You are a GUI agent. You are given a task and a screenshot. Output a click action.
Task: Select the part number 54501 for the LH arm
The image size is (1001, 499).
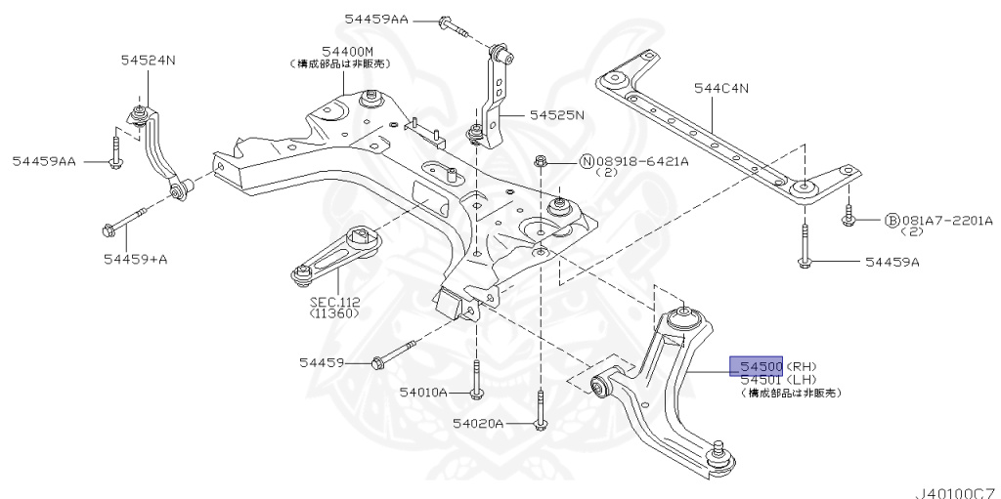click(761, 379)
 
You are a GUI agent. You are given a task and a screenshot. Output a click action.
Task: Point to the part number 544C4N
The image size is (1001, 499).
click(721, 89)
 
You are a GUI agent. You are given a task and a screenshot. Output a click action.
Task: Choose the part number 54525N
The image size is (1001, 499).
click(556, 114)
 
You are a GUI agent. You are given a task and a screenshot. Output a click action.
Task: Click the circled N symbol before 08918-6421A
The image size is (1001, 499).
click(588, 161)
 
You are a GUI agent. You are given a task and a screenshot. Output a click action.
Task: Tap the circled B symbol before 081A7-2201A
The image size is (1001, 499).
click(892, 221)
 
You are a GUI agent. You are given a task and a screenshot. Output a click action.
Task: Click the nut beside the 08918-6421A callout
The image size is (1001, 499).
click(541, 160)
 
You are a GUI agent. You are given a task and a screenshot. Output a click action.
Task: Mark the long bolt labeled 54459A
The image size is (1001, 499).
click(804, 244)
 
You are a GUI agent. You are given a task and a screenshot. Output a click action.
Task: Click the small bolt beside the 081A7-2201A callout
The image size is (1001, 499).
click(849, 217)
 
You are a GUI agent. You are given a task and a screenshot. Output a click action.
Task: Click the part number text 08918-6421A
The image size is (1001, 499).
click(641, 161)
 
